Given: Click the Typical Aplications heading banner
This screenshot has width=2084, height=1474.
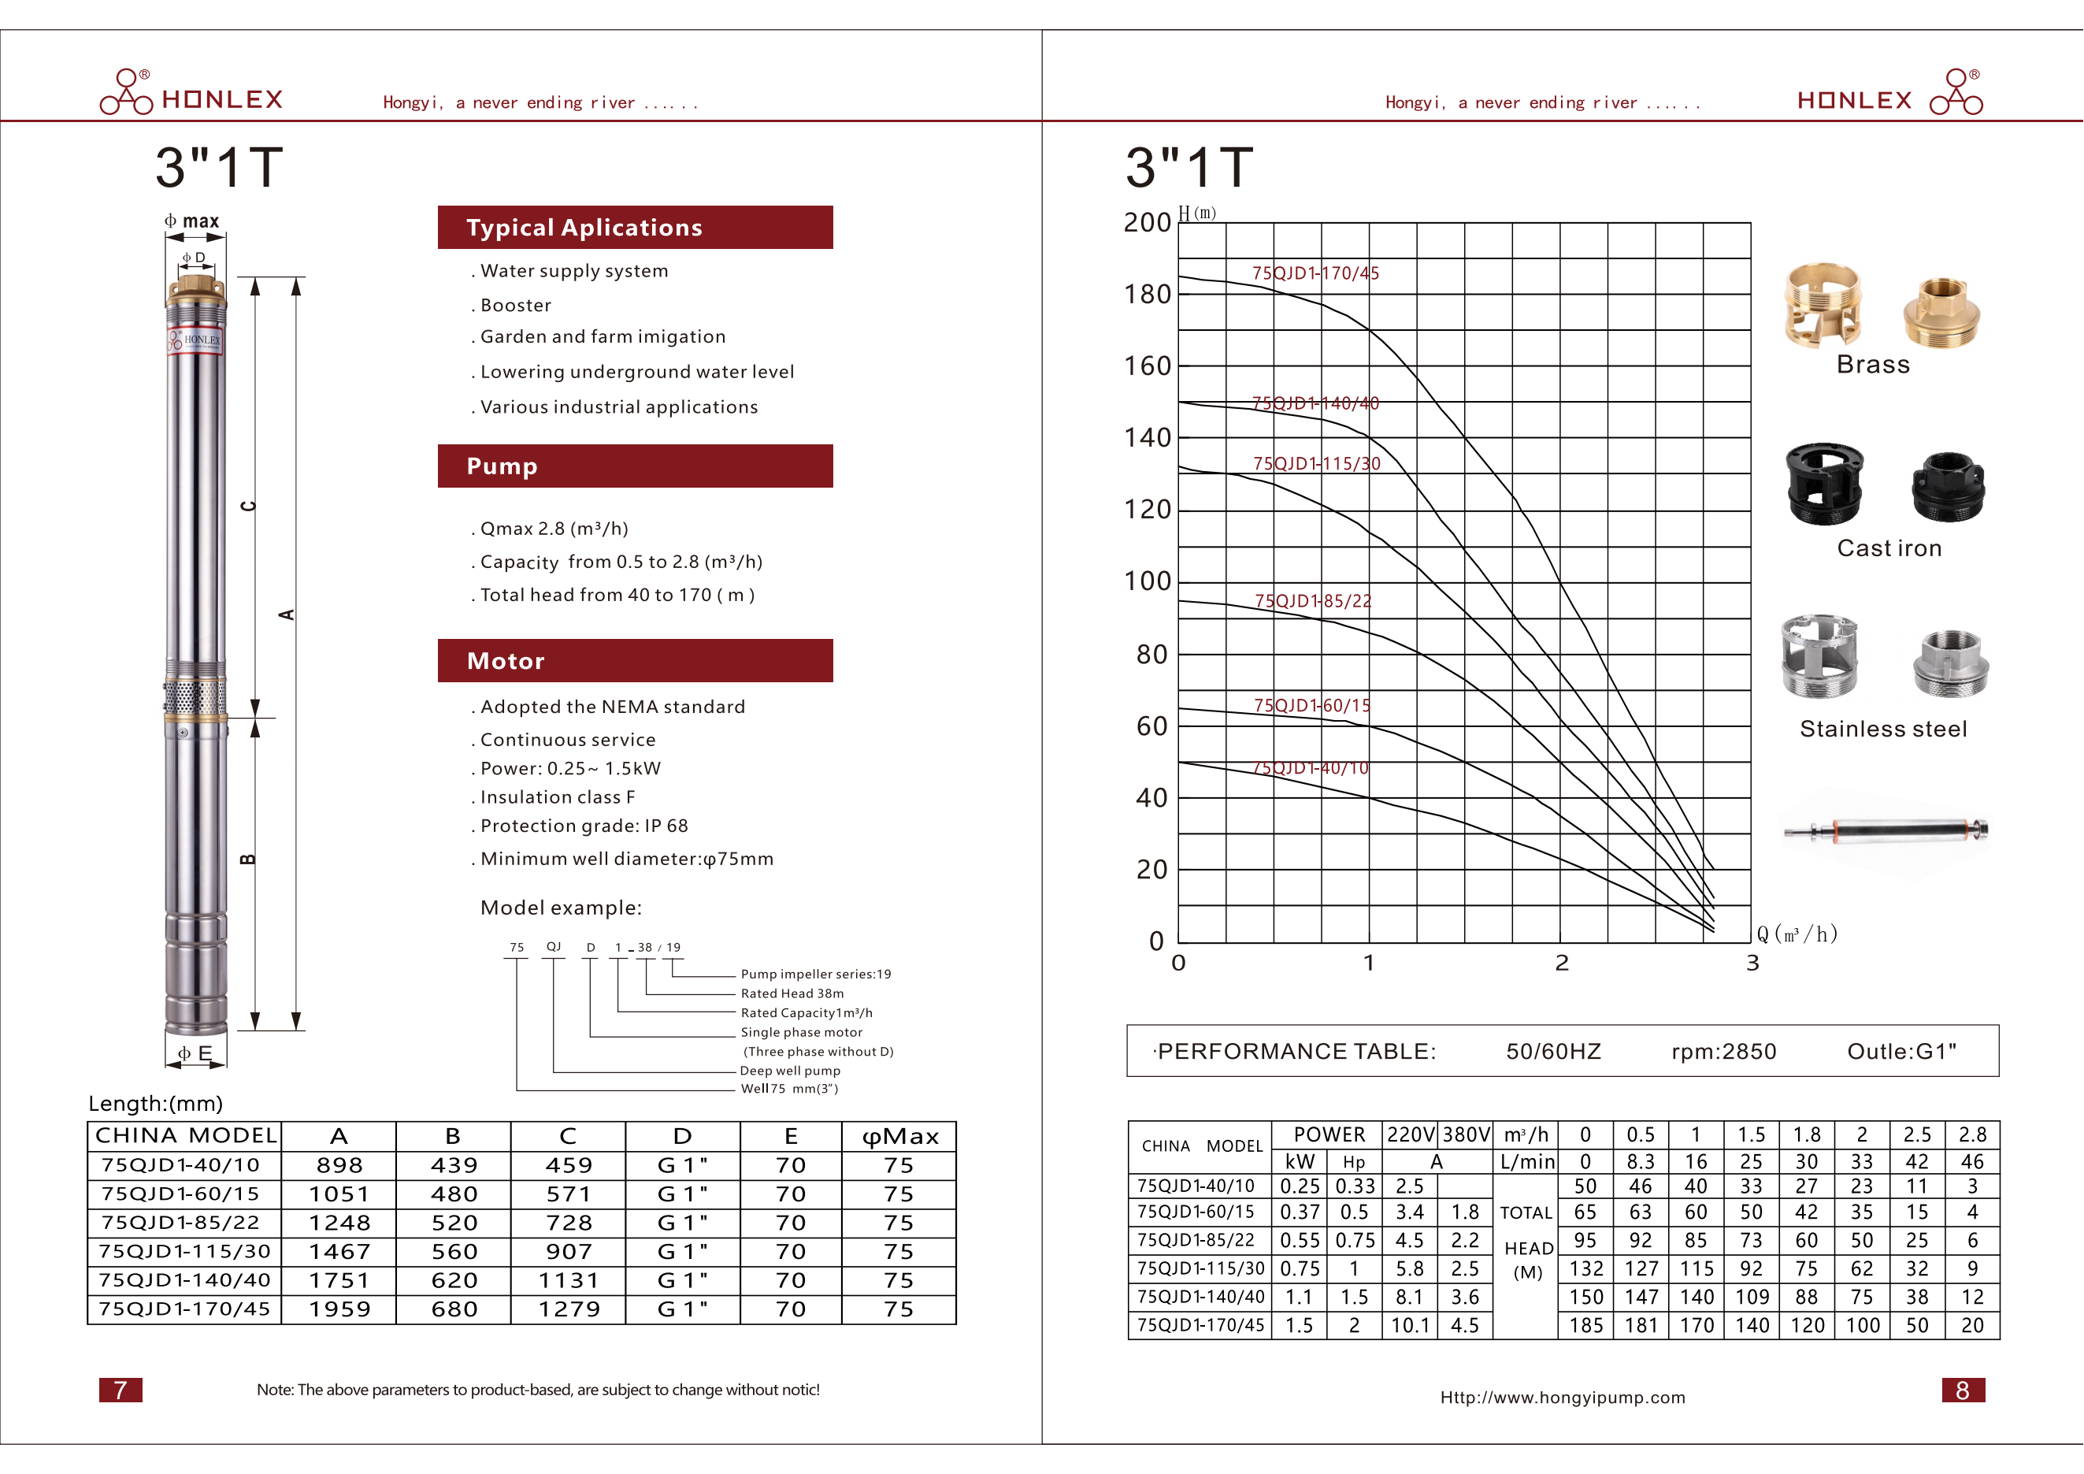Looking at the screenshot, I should (635, 227).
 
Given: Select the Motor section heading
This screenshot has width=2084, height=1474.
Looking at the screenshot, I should (635, 661).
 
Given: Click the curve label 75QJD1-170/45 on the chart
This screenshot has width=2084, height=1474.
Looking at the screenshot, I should (1315, 273).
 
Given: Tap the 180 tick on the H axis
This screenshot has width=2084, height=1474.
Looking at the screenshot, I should (1148, 294).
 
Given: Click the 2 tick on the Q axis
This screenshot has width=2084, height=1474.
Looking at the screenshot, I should (1561, 963).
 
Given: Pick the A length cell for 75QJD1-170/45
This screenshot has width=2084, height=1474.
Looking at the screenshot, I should (339, 1309).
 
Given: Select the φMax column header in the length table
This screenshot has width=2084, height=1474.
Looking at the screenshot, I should (899, 1136).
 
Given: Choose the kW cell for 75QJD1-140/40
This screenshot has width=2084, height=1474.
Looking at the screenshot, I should (1299, 1297).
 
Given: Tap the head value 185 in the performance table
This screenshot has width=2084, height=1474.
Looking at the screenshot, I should (1585, 1325).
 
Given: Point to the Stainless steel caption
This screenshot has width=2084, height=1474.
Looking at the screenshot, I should (1883, 729).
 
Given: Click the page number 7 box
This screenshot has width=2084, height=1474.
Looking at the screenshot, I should (121, 1390).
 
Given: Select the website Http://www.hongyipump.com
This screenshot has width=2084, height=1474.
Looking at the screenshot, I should (1562, 1397).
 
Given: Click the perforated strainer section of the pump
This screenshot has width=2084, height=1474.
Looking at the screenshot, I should (195, 697).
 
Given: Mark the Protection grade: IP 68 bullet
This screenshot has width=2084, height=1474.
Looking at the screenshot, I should (584, 826).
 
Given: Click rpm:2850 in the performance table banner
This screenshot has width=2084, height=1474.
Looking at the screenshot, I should (1722, 1051).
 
